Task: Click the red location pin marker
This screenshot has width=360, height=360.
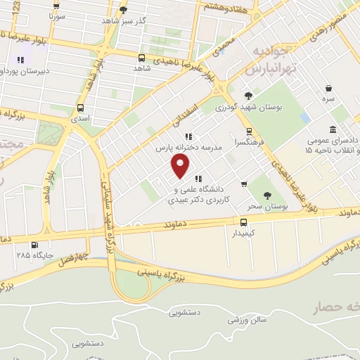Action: tap(181, 166)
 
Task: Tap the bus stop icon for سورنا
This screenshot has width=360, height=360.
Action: tap(58, 4)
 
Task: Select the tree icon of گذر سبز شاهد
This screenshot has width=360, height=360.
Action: tap(124, 10)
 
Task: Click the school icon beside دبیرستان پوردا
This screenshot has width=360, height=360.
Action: tap(20, 60)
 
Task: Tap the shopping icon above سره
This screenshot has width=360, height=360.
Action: tap(329, 88)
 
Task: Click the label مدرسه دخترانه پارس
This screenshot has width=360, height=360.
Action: tap(193, 148)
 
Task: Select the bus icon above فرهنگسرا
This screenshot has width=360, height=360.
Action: tap(248, 131)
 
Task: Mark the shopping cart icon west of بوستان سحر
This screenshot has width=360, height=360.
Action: tap(244, 184)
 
